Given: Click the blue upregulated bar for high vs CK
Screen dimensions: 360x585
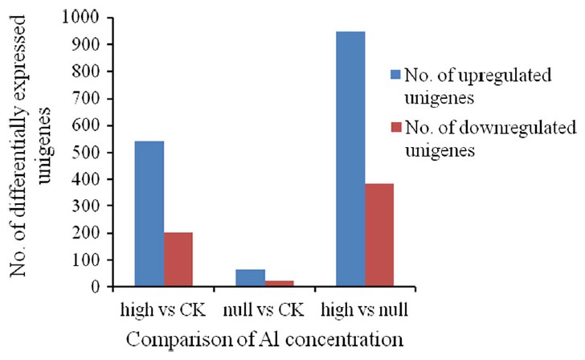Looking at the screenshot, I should [149, 214].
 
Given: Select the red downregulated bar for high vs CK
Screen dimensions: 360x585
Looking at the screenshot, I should [178, 260].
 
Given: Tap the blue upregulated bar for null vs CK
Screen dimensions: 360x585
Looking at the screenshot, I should [250, 278].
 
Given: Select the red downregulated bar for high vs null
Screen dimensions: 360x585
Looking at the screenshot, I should [379, 235].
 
